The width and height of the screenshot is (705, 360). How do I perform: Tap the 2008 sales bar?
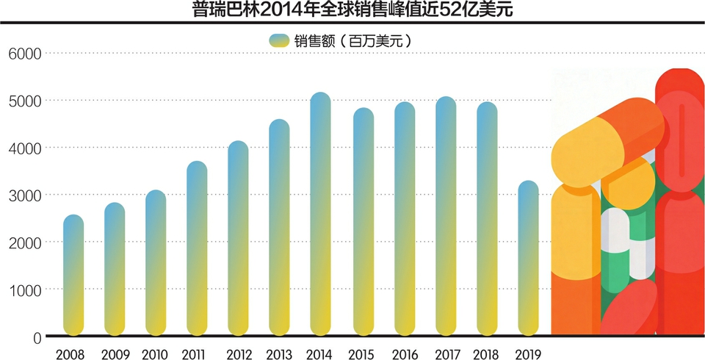[x=73, y=276]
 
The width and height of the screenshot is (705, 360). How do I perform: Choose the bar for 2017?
[x=446, y=217]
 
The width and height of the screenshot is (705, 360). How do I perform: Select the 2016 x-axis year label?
[x=404, y=354]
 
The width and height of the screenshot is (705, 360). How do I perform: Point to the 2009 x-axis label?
[x=115, y=354]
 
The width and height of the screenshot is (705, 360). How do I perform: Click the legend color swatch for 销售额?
[x=281, y=40]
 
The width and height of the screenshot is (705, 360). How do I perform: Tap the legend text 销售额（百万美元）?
[x=352, y=40]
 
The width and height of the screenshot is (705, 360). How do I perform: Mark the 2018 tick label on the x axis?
[x=486, y=354]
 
